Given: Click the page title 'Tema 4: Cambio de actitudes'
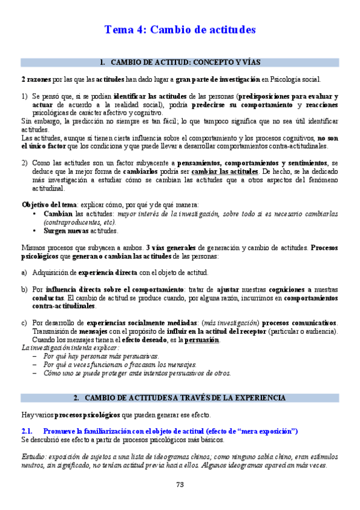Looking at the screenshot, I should pyautogui.click(x=180, y=29).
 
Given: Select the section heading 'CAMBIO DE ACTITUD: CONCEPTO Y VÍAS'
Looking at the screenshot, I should pyautogui.click(x=186, y=62).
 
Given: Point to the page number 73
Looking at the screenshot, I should pyautogui.click(x=180, y=485).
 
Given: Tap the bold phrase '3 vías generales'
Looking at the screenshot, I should pyautogui.click(x=171, y=247).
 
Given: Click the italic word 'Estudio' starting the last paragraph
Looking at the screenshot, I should pyautogui.click(x=34, y=456).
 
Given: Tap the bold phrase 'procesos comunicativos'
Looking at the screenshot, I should pyautogui.click(x=299, y=322).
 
